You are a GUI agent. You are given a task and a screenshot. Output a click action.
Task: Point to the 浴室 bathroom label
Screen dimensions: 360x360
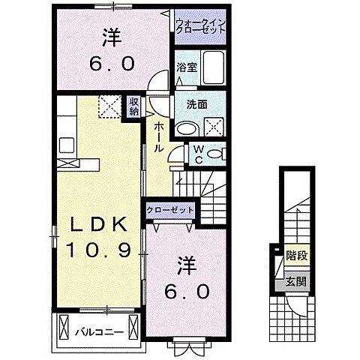186,67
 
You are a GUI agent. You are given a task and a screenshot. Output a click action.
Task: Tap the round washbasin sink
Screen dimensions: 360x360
184,128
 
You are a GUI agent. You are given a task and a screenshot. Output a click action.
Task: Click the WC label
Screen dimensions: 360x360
197,153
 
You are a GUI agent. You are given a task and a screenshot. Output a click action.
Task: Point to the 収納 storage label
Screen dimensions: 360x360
133,106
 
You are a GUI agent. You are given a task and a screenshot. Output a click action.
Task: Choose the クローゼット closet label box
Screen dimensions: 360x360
170,211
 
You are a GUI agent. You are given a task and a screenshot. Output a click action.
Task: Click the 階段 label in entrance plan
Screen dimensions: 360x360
295,256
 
